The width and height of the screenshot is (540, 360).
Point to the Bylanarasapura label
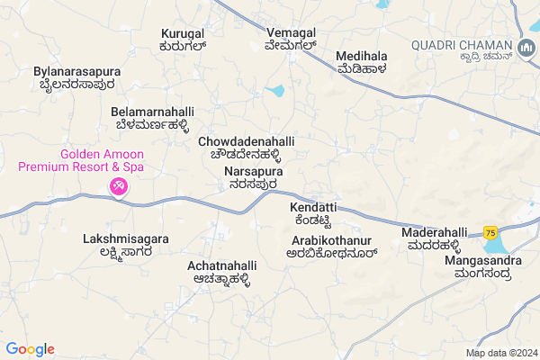coord(76,76)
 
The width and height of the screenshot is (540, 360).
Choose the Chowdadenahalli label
coord(246,148)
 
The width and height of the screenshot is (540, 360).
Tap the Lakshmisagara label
coord(126,246)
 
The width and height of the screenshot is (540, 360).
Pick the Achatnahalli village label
coord(222,272)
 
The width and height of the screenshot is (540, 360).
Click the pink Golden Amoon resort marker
coord(118,186)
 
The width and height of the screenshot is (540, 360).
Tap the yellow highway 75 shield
coord(490,232)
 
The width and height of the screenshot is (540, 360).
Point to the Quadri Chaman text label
coord(461,49)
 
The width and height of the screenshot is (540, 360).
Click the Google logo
coord(30,349)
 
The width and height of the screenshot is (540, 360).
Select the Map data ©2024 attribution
coord(499,352)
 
